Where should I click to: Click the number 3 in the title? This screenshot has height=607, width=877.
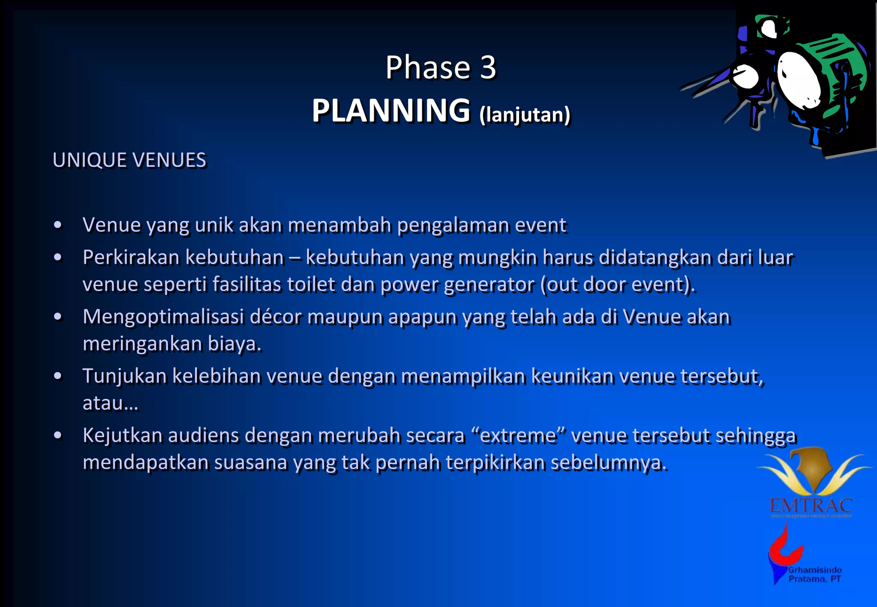point(487,68)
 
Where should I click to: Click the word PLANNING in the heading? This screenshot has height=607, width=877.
point(391,111)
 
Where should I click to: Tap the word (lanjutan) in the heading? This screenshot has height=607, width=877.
point(525,115)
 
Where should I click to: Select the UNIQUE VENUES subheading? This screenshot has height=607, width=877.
point(129,161)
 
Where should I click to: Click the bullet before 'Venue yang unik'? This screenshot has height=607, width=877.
point(58,225)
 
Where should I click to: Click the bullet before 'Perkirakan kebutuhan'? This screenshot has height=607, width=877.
point(58,257)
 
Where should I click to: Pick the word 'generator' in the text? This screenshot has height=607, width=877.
point(489,285)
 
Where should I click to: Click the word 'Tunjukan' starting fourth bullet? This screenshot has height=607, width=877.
point(124,376)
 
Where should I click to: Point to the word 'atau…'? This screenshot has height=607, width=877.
point(110,403)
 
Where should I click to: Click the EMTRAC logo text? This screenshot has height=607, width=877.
point(811,506)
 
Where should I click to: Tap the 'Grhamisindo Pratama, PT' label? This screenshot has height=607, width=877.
point(814,574)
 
